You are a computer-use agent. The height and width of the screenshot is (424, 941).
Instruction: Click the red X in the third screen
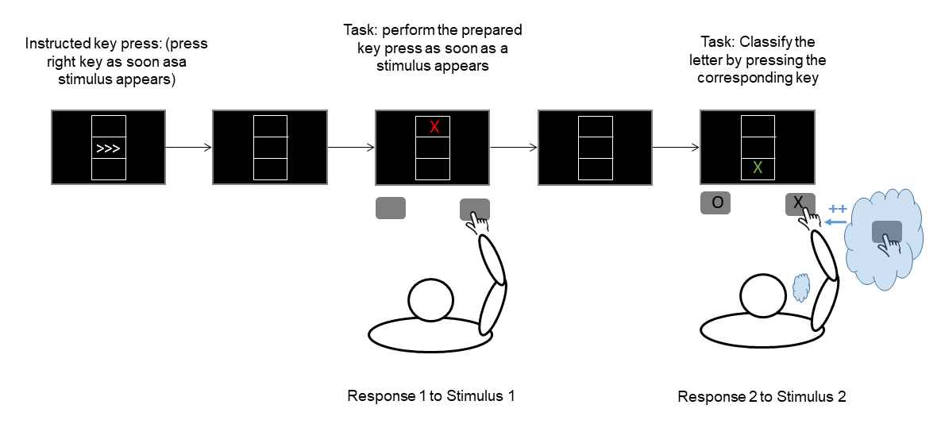(434, 127)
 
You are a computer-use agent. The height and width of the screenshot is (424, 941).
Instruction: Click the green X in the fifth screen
(758, 168)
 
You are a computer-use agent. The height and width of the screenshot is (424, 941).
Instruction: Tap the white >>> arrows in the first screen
(108, 148)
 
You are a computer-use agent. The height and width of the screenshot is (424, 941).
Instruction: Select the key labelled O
(715, 203)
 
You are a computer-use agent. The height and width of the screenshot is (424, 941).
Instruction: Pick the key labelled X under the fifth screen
(799, 203)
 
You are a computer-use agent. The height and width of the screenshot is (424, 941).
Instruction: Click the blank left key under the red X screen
(390, 208)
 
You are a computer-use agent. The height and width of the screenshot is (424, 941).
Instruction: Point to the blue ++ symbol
(836, 209)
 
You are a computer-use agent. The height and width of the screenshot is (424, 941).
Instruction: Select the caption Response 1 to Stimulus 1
(430, 395)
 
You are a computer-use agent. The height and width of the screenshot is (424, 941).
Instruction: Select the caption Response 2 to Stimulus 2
(762, 396)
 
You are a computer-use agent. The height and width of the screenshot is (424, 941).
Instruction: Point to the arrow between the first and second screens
(188, 147)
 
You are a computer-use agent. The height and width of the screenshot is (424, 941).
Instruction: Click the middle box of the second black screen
(269, 148)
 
